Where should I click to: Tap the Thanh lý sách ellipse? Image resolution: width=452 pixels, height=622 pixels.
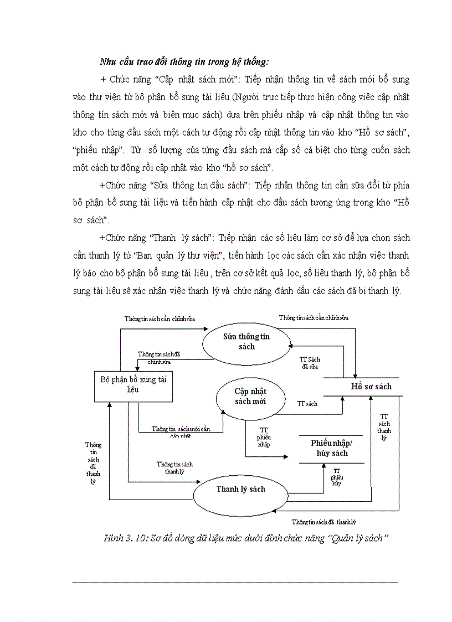(x=240, y=489)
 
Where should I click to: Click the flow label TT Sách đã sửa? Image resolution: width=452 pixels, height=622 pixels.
(x=310, y=363)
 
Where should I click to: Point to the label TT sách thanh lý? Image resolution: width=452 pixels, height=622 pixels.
(x=384, y=426)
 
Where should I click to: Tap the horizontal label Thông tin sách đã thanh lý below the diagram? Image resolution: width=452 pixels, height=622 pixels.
(x=324, y=522)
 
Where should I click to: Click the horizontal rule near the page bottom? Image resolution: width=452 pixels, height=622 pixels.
(x=235, y=582)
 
